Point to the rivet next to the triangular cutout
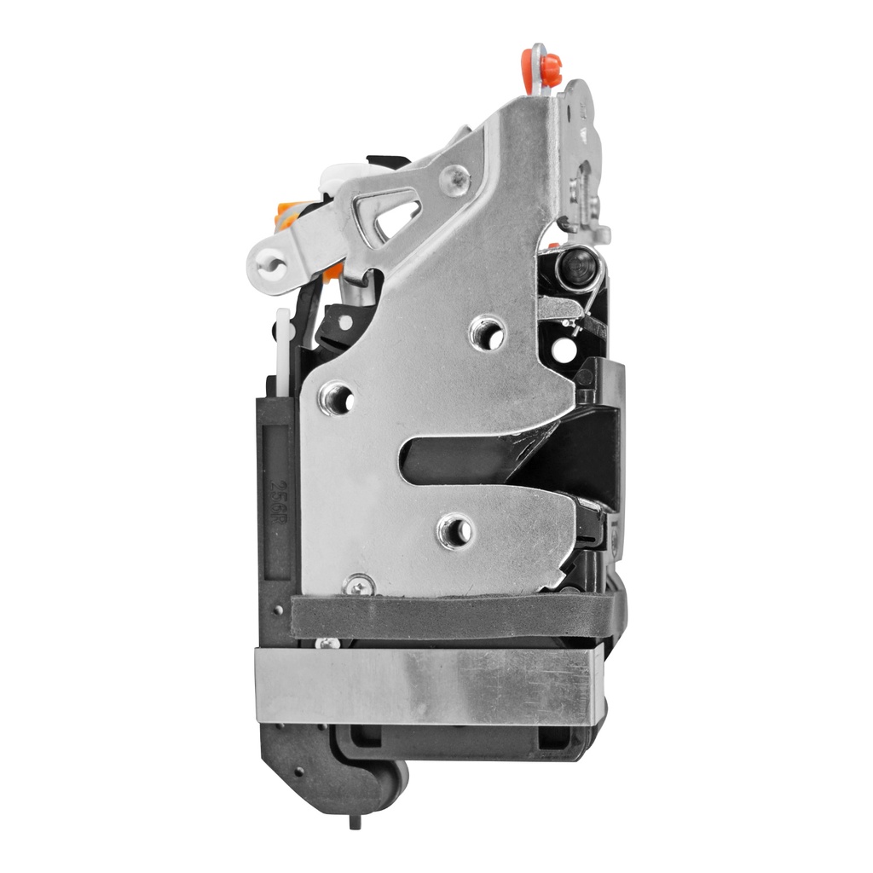click(x=455, y=179)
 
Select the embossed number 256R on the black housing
click(x=278, y=494)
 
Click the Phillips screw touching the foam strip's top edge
click(x=358, y=585)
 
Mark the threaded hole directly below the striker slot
click(x=455, y=530)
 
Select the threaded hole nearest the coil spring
click(x=488, y=332)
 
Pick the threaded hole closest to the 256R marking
click(x=335, y=397)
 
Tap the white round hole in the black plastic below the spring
click(x=563, y=349)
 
